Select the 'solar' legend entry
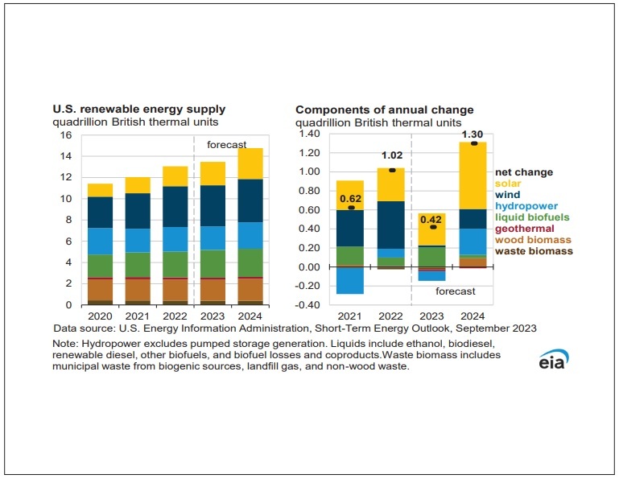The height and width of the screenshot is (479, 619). [x=509, y=183]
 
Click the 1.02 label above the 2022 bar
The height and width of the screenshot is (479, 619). [x=391, y=156]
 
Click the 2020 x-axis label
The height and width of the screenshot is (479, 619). [x=100, y=318]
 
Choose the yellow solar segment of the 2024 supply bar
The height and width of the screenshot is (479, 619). [x=251, y=163]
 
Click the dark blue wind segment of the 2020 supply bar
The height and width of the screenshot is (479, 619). [x=100, y=212]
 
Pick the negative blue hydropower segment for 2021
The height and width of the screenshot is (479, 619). [x=350, y=280]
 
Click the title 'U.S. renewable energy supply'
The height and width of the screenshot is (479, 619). [x=139, y=109]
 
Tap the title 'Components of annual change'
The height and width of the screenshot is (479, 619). [x=384, y=109]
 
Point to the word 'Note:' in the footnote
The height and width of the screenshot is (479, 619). [x=68, y=343]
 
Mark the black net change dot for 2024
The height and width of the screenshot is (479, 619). [x=473, y=143]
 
